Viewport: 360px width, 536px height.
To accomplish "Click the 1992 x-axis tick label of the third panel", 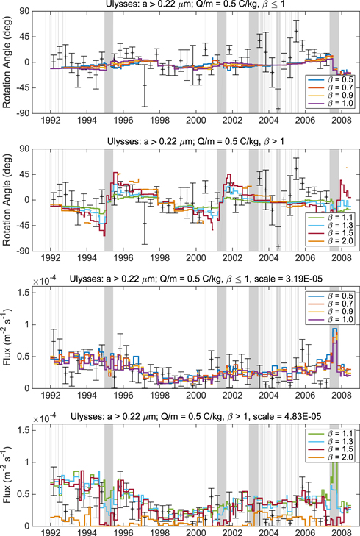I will pyautogui.click(x=51, y=395).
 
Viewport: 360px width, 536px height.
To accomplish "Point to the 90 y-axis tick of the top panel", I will pyautogui.click(x=33, y=11).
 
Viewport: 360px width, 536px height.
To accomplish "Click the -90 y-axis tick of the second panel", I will pyautogui.click(x=31, y=251).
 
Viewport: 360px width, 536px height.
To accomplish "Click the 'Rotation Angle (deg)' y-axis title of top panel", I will pyautogui.click(x=8, y=62).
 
